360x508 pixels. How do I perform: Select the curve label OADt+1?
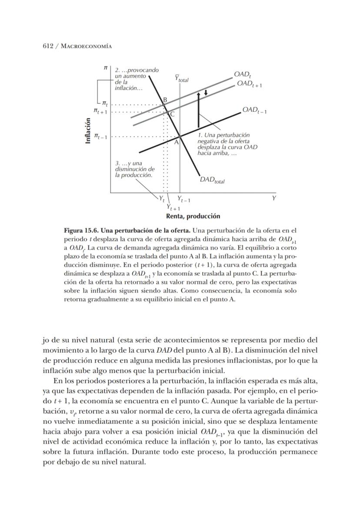[249, 84]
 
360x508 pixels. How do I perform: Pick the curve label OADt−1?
[254, 110]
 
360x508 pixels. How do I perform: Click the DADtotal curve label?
[212, 180]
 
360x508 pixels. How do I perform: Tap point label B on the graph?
[165, 100]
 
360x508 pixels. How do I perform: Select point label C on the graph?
[172, 114]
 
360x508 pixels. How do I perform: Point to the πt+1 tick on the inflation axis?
[100, 112]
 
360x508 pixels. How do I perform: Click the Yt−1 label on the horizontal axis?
[183, 200]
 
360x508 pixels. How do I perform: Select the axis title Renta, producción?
[193, 216]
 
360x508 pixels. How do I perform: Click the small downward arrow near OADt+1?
[206, 93]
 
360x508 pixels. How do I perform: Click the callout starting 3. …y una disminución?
[134, 169]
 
